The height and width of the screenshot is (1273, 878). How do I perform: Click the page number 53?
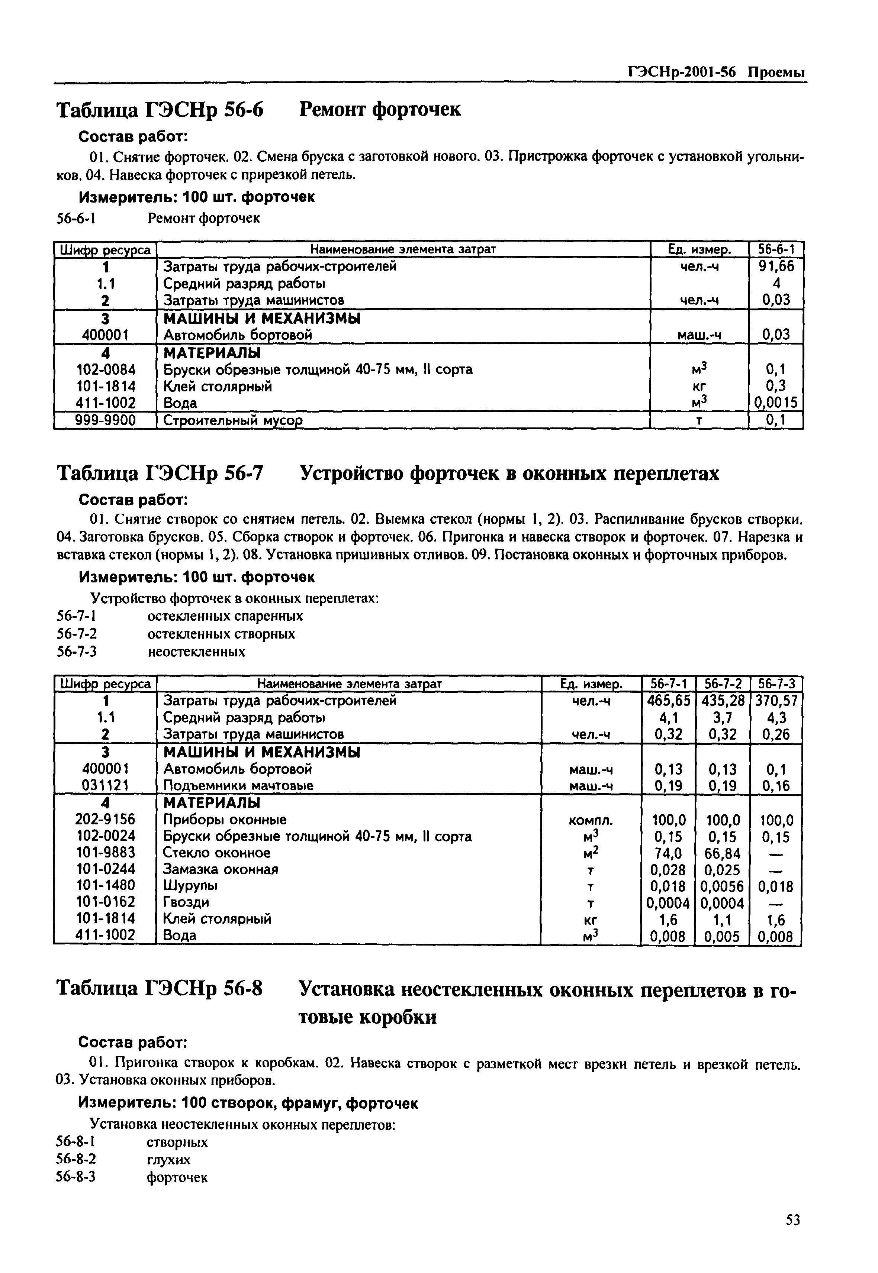click(792, 1220)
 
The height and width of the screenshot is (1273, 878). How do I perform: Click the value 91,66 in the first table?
click(776, 267)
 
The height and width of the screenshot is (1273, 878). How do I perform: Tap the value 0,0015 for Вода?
click(776, 403)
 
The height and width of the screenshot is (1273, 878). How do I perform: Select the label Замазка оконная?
click(221, 869)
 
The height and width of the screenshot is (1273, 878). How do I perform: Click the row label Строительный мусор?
click(233, 421)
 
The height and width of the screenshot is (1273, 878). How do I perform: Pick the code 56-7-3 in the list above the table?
click(77, 652)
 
